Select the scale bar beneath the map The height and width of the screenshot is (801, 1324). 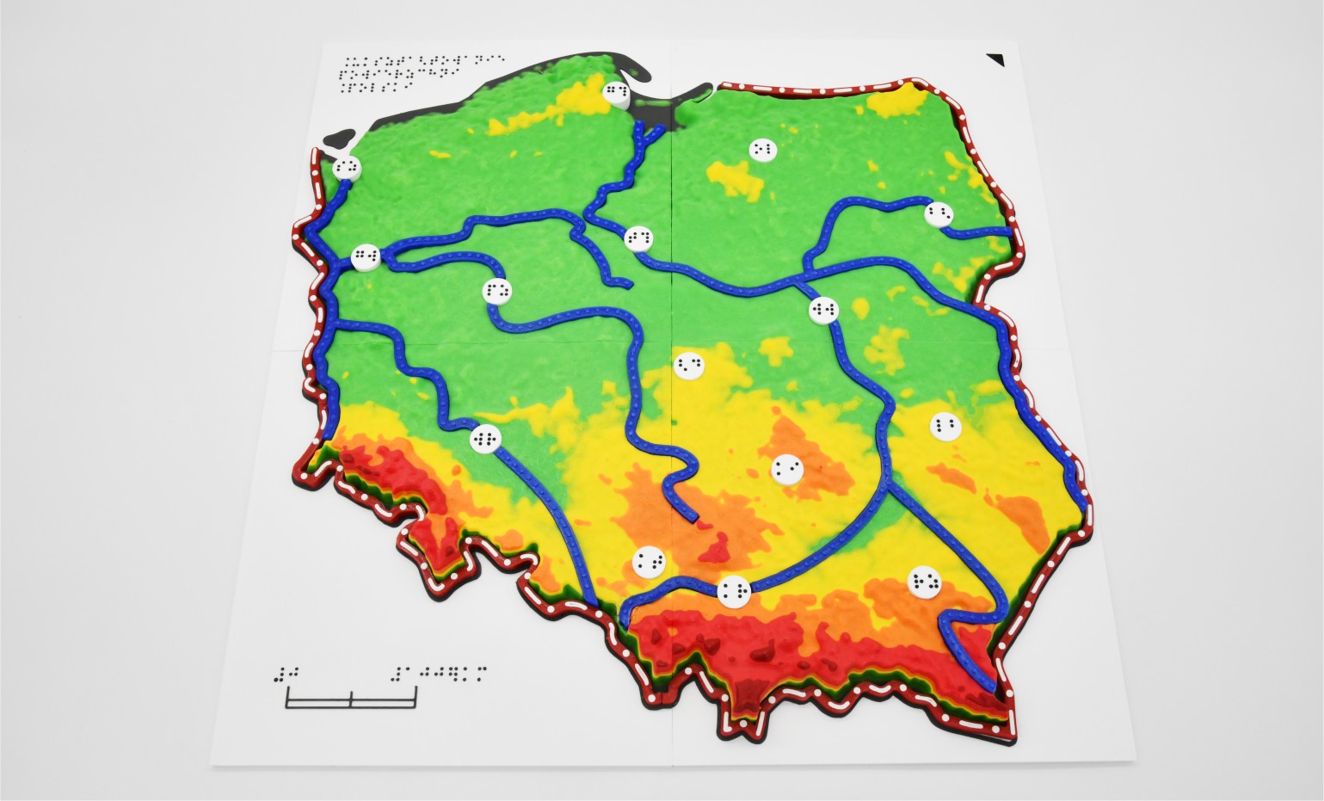tap(352, 699)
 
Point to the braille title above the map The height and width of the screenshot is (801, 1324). tap(411, 72)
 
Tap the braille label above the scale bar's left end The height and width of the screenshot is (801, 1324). tap(288, 673)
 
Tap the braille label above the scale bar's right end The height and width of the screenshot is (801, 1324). tap(439, 671)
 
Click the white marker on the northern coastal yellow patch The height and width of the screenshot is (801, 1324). tap(616, 93)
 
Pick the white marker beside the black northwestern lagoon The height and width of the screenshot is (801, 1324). tap(348, 168)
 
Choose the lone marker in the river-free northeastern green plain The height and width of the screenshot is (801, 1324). tap(762, 150)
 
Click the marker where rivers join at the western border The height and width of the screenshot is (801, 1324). tap(366, 256)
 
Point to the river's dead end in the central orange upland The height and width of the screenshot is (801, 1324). tap(693, 520)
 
